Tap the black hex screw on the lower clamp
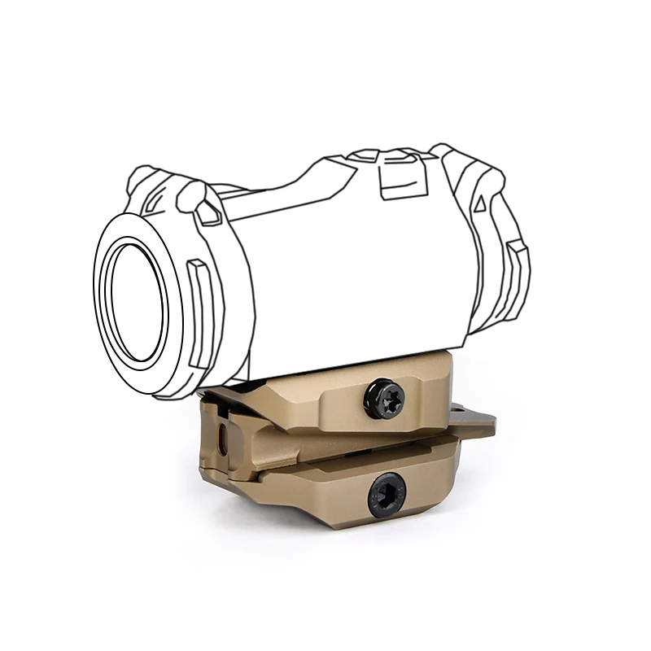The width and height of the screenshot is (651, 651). pos(387,494)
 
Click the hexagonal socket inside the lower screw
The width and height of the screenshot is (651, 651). pos(387,494)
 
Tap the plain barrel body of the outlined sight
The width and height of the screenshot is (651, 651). pos(350,269)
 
